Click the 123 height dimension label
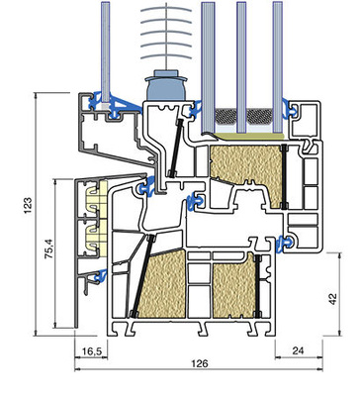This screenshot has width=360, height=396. tap(29, 205)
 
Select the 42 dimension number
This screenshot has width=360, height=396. tap(333, 298)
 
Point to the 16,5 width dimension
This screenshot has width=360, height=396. tap(91, 351)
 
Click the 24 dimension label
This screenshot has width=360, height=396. tap(298, 350)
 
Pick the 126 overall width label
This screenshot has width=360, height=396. tap(200, 363)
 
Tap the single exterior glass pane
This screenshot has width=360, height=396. tap(106, 52)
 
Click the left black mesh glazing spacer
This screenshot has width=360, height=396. tap(225, 115)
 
